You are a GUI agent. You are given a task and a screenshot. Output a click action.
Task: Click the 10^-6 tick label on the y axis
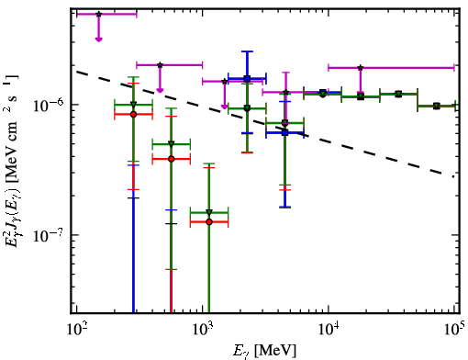pyautogui.click(x=50, y=105)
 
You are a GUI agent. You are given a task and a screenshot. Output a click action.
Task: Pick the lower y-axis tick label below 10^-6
pyautogui.click(x=50, y=235)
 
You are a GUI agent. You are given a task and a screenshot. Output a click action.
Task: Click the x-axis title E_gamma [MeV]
pyautogui.click(x=265, y=351)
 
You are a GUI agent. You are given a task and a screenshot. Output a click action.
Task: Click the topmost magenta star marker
pyautogui.click(x=98, y=14)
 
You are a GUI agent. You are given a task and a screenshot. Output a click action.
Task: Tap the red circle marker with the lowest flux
pyautogui.click(x=209, y=221)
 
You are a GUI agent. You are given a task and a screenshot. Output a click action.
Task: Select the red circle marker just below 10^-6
pyautogui.click(x=133, y=114)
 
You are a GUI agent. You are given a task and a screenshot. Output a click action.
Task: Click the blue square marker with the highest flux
pyautogui.click(x=247, y=78)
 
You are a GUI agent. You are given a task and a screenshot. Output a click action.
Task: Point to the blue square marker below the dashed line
pyautogui.click(x=285, y=132)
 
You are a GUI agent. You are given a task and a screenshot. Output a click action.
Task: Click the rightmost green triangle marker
pyautogui.click(x=437, y=106)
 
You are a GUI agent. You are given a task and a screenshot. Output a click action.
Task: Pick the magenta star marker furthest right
pyautogui.click(x=361, y=68)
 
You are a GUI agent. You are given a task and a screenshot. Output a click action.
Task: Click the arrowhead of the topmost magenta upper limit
pyautogui.click(x=98, y=39)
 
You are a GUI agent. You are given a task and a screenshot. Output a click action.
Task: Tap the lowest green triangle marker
pyautogui.click(x=209, y=212)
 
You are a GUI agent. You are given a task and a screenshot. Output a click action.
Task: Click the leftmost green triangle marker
pyautogui.click(x=133, y=104)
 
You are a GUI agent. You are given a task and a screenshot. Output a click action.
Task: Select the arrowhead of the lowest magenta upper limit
pyautogui.click(x=225, y=107)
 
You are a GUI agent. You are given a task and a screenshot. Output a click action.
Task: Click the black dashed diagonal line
pyautogui.click(x=265, y=124)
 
